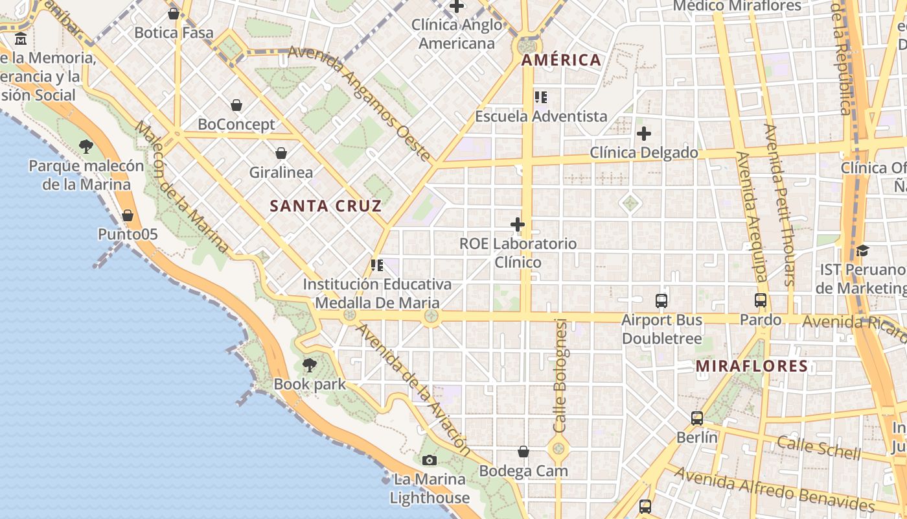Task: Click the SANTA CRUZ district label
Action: (x=325, y=206)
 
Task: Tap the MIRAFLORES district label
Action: (x=752, y=366)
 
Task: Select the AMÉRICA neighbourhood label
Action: (x=561, y=60)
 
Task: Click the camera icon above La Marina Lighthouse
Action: (x=429, y=461)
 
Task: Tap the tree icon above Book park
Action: (x=310, y=365)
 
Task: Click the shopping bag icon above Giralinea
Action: (x=281, y=153)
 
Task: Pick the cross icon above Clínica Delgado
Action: (x=643, y=134)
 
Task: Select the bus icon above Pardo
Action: (x=761, y=301)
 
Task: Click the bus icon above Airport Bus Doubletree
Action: (x=661, y=301)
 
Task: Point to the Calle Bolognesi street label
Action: (x=560, y=376)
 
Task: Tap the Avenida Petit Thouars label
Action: (x=779, y=204)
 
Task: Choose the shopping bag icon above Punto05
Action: (x=128, y=215)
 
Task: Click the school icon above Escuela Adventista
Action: (x=541, y=97)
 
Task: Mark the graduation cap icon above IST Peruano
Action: (x=862, y=250)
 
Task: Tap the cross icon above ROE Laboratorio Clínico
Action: (x=517, y=225)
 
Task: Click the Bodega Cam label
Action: (x=523, y=471)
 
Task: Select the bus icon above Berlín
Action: (x=696, y=418)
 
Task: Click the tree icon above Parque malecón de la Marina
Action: (x=86, y=147)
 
